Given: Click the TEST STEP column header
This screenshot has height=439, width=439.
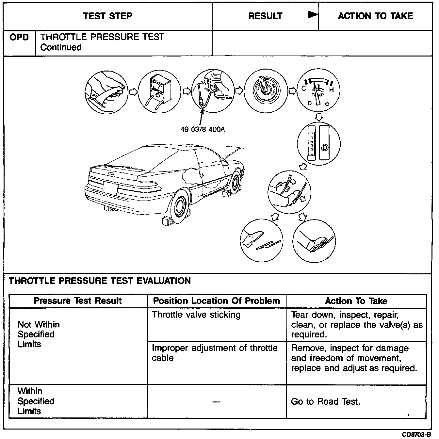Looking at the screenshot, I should (107, 16).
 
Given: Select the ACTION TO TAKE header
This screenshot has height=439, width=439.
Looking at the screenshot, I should (375, 16).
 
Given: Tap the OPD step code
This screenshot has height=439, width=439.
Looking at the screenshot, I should (19, 37).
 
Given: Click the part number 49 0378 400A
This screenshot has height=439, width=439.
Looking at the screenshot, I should (203, 129).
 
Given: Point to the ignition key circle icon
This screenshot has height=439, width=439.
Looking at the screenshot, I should (265, 90).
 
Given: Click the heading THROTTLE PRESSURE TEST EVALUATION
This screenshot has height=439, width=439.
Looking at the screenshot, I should (100, 281).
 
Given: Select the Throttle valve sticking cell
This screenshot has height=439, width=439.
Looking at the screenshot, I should (196, 315).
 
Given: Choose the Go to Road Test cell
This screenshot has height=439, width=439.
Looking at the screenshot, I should (325, 401).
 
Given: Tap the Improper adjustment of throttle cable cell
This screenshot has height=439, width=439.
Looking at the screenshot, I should (215, 353).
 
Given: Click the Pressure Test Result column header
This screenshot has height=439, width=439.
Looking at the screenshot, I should (78, 301).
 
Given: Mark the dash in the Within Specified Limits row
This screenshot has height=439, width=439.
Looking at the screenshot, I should (216, 402).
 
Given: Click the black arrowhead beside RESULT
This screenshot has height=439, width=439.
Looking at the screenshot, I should (313, 15).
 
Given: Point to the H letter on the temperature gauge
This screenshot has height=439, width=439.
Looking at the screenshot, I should (331, 90).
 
